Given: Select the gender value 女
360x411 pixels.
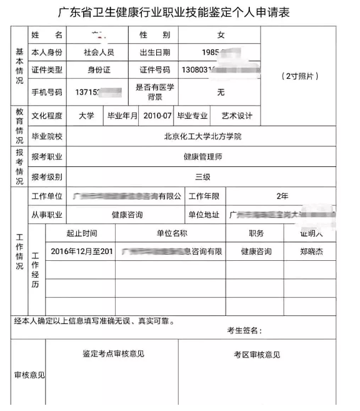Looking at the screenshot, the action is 221,35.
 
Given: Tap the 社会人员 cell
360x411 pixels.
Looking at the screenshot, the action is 98,53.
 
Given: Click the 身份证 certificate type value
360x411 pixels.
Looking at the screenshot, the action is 98,71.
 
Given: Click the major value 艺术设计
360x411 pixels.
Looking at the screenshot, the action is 237,116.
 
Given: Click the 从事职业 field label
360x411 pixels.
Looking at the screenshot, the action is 47,215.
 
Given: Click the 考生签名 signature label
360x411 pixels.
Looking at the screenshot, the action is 244,330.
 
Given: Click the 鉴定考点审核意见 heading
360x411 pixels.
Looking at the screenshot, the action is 113,353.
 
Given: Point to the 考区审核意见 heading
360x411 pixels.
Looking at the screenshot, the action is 256,355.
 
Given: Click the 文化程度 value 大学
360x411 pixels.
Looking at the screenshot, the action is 86,116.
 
